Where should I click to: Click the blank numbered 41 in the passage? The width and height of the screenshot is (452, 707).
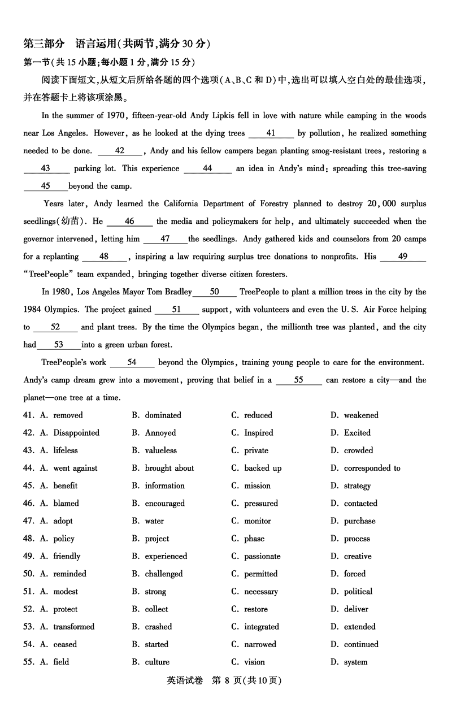pyautogui.click(x=271, y=133)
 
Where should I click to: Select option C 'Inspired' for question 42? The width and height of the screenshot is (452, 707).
pyautogui.click(x=258, y=433)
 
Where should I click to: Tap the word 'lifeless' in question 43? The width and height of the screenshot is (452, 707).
pyautogui.click(x=66, y=450)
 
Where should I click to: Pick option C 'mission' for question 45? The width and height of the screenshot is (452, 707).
pyautogui.click(x=257, y=485)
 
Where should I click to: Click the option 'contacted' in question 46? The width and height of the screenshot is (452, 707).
pyautogui.click(x=360, y=503)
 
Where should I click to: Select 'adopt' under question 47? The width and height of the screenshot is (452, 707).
pyautogui.click(x=63, y=521)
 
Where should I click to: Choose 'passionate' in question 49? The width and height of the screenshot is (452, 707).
pyautogui.click(x=262, y=556)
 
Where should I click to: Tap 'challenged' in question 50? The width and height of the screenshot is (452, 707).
pyautogui.click(x=164, y=574)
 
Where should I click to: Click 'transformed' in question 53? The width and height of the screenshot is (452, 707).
pyautogui.click(x=74, y=627)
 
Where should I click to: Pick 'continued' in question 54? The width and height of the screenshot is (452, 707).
pyautogui.click(x=361, y=644)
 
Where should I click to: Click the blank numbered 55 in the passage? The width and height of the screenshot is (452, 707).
pyautogui.click(x=298, y=380)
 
